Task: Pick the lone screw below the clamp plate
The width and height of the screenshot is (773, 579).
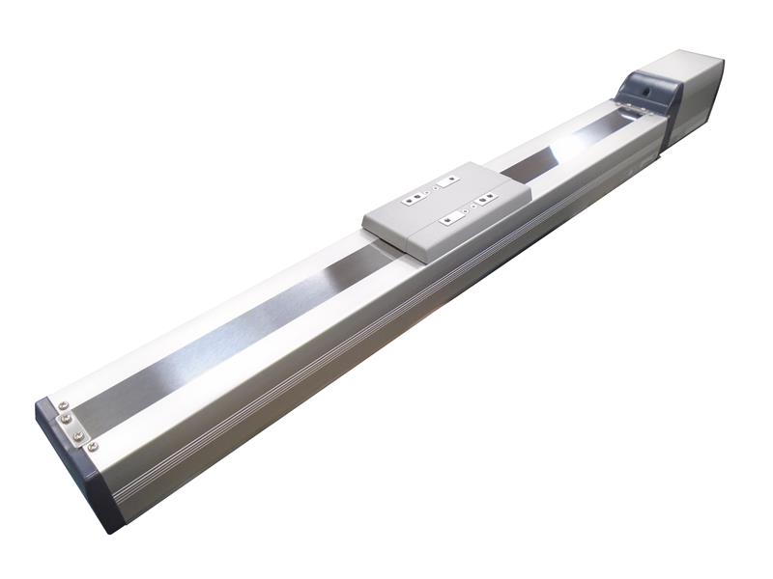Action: coord(92,446)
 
